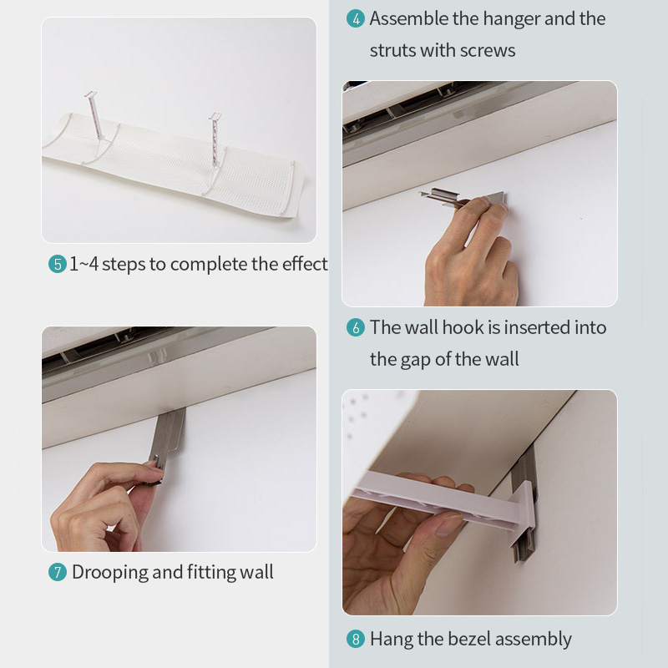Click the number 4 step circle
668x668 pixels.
pyautogui.click(x=356, y=19)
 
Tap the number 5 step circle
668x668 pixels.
pyautogui.click(x=57, y=265)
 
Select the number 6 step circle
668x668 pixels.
pyautogui.click(x=356, y=328)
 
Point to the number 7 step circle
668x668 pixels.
pyautogui.click(x=57, y=573)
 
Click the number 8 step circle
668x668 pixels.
pyautogui.click(x=356, y=640)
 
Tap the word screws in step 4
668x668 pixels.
pyautogui.click(x=488, y=50)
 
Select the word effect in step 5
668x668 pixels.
pyautogui.click(x=303, y=265)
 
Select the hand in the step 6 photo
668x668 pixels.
pyautogui.click(x=472, y=259)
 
